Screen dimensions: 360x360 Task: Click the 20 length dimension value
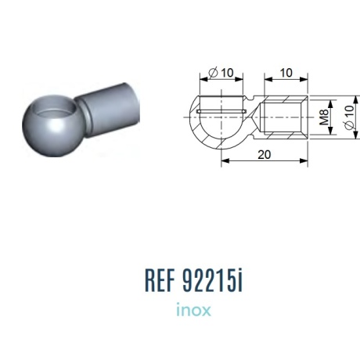(x=265, y=155)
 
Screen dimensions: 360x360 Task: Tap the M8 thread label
(x=324, y=117)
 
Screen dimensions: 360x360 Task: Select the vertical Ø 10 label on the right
(x=350, y=117)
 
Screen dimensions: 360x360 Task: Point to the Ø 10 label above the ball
(x=221, y=73)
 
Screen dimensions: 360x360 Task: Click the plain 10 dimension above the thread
(x=286, y=73)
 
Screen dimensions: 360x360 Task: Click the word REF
(x=160, y=280)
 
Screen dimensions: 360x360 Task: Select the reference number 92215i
(x=213, y=280)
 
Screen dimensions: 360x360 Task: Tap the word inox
(x=193, y=310)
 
